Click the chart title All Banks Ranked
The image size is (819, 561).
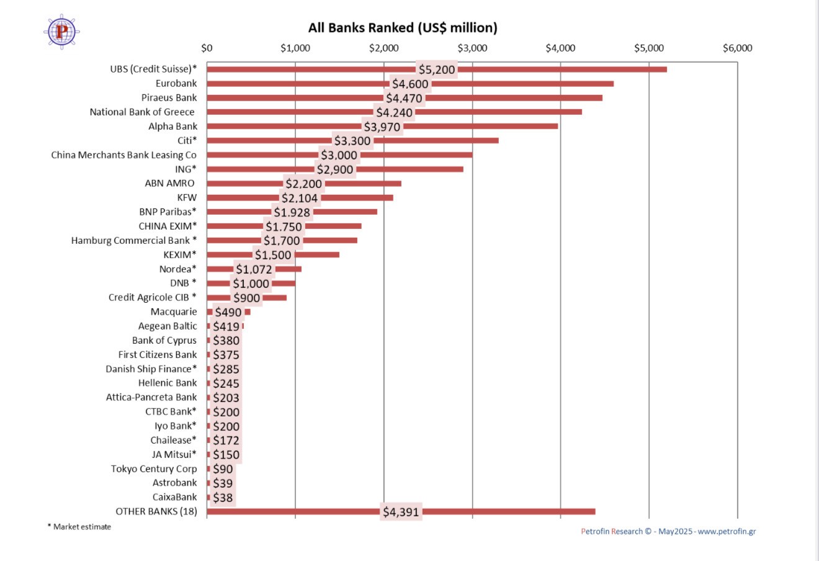click(403, 28)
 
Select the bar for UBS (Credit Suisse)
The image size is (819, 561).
click(558, 69)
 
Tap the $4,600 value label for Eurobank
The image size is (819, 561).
click(410, 84)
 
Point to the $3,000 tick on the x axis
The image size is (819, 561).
click(472, 48)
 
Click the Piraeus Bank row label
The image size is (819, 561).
click(169, 97)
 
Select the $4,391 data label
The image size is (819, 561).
click(401, 512)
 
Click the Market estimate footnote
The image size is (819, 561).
click(79, 527)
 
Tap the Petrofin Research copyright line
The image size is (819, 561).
click(668, 531)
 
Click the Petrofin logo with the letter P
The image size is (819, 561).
click(61, 30)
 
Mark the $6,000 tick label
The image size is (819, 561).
click(737, 48)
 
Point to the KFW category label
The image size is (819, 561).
click(187, 197)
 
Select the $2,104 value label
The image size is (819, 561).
click(300, 198)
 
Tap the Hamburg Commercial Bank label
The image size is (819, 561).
click(133, 240)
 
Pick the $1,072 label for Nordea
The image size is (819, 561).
click(254, 269)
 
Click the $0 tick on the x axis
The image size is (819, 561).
click(207, 48)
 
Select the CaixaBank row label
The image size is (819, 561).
click(174, 497)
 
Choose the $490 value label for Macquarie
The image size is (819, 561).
click(228, 312)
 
